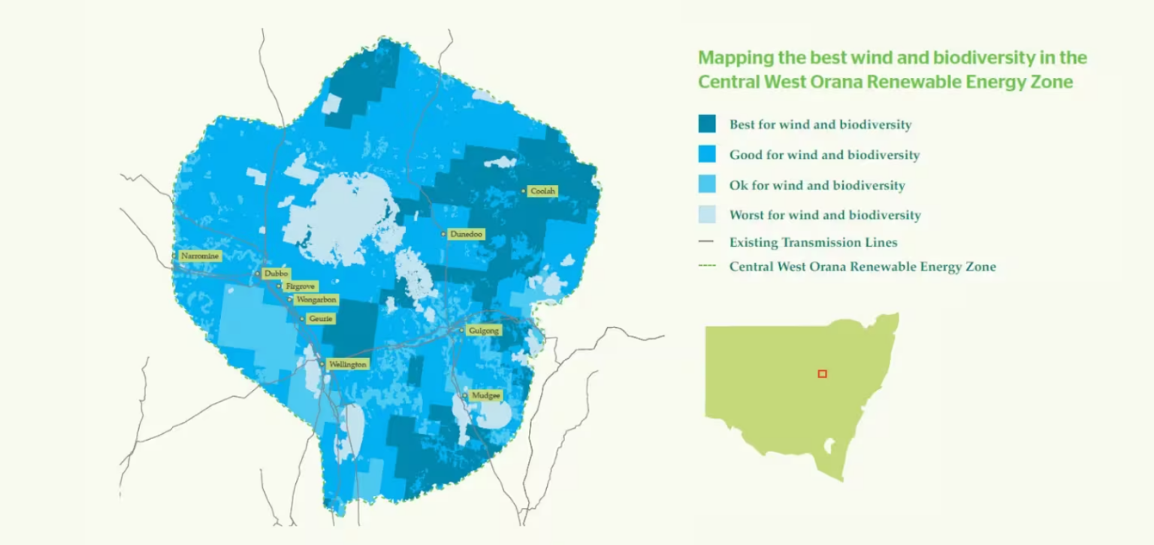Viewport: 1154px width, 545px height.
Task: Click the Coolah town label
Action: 543,192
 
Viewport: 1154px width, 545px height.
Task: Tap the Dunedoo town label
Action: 466,235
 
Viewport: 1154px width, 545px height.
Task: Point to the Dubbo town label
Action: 276,274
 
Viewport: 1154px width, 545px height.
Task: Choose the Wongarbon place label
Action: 316,299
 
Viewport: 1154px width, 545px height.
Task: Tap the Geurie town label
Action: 321,319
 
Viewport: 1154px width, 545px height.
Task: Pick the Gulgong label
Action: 483,331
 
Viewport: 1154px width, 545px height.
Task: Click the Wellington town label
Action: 348,365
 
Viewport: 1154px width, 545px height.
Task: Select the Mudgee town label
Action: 485,395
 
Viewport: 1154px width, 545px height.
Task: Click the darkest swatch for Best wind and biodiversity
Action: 707,124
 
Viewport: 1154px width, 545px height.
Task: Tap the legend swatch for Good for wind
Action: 707,154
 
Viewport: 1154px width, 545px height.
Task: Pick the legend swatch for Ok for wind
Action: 707,184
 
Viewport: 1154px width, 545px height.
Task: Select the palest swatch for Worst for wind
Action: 707,214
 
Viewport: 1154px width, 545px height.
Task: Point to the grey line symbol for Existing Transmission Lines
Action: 706,242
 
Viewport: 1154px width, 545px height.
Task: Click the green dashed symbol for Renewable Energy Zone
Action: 706,266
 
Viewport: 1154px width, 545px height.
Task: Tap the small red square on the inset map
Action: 822,374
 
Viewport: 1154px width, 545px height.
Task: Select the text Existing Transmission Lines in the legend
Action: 813,242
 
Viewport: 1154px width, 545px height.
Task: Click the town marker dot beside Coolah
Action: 524,192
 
